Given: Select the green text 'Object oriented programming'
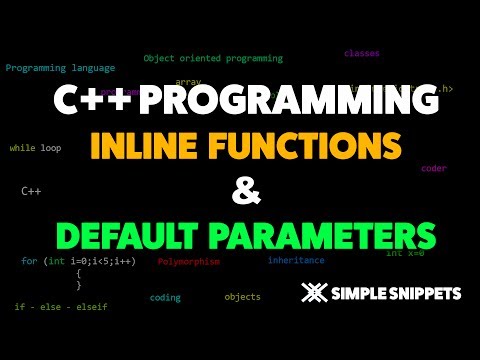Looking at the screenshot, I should coord(213,59).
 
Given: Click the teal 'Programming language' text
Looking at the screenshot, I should coord(60,68).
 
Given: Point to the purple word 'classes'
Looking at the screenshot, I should coord(361,52).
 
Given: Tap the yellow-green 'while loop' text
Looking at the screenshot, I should coord(35,148).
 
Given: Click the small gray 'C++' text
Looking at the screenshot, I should coord(31,188).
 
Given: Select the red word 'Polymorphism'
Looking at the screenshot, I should coord(189,261).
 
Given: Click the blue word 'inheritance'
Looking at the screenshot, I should coord(296,260).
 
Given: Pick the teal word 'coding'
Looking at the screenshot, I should coord(165,297).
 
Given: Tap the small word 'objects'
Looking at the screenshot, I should coord(242,297).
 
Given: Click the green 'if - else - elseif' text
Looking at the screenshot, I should coord(61,306).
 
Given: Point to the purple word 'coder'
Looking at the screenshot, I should coord(434,169).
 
